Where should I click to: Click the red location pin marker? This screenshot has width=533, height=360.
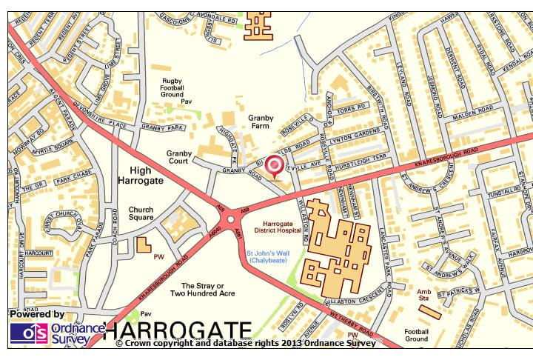pyautogui.click(x=275, y=166)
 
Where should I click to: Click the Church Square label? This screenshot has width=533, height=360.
pyautogui.click(x=141, y=214)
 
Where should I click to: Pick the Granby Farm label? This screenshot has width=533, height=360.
pyautogui.click(x=261, y=122)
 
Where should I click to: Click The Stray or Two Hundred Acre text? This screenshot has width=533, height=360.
pyautogui.click(x=202, y=289)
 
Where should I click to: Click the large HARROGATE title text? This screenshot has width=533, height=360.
pyautogui.click(x=178, y=329)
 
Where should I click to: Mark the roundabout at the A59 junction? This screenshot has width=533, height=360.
pyautogui.click(x=231, y=219)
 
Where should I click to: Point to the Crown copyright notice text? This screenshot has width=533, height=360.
pyautogui.click(x=247, y=344)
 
